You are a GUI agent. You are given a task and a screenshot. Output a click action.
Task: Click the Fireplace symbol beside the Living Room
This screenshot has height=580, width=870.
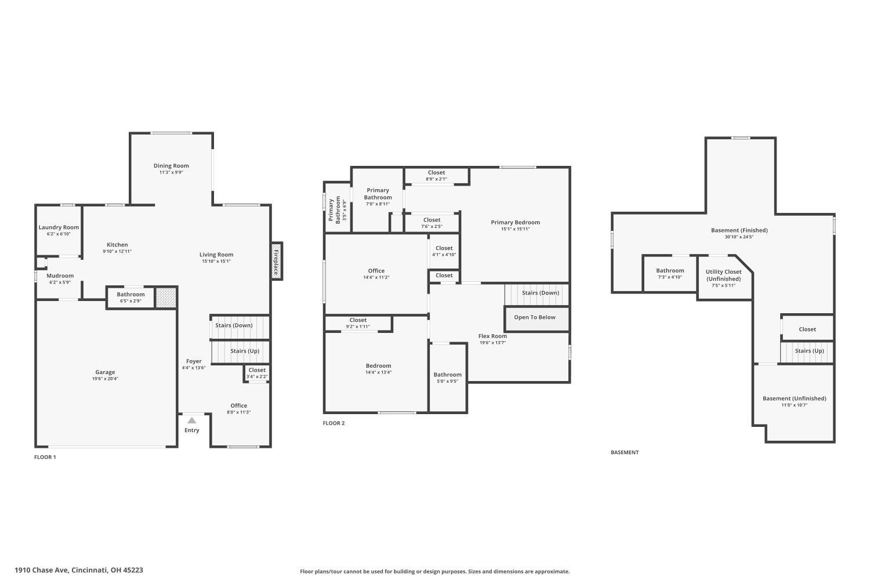coord(276,260)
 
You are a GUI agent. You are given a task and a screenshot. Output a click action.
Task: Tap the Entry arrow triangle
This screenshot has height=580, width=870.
coord(192,420)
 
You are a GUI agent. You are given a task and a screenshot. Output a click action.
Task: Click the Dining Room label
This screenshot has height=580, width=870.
coord(171,166)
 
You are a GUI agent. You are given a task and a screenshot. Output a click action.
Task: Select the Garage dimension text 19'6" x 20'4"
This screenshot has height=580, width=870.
coord(105,379)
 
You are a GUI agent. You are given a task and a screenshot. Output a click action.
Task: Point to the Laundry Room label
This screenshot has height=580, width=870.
coord(59,227)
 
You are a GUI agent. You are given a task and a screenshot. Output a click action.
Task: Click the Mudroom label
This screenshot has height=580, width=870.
coord(60,276)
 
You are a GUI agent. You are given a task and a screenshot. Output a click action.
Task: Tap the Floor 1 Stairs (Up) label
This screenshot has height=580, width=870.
coord(245,351)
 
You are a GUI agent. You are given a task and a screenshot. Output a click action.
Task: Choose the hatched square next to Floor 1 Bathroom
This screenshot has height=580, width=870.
coord(166,298)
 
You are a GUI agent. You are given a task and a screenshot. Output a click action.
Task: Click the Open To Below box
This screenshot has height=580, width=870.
coord(536,319)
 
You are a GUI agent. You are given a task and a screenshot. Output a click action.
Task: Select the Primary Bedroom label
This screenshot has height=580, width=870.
coord(516,222)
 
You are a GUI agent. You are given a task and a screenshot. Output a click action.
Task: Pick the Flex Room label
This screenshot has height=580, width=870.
coord(492,336)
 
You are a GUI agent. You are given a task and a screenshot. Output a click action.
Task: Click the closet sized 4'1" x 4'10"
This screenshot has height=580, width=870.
coord(444,251)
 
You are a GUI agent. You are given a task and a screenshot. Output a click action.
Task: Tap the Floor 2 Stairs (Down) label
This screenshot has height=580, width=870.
coord(541,292)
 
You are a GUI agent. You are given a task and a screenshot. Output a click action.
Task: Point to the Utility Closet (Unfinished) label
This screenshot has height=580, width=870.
coord(724,275)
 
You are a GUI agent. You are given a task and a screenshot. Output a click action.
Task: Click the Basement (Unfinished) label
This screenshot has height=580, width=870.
coord(795,398)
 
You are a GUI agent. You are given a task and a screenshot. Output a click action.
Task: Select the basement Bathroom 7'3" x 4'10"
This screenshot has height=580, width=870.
coord(670,274)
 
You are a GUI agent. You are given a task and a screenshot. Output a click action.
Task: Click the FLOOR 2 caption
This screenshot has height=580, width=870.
coord(333,423)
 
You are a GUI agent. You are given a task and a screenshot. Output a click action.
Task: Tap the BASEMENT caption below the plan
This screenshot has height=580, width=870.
coord(625,452)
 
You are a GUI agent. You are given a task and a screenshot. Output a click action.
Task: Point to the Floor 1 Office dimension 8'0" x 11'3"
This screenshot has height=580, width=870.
coord(239,412)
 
